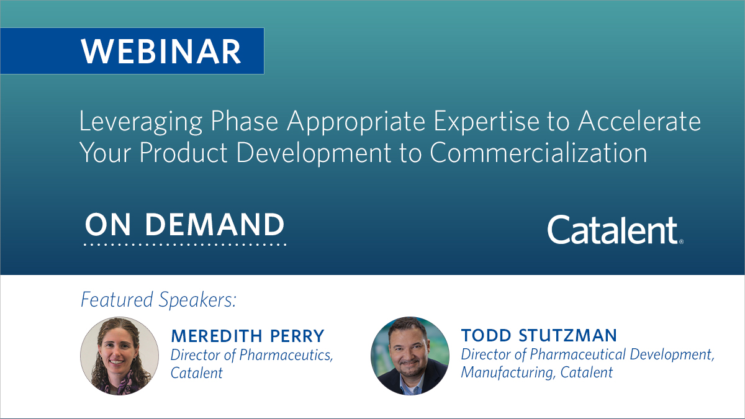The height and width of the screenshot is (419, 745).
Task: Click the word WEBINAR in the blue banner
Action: coord(161,51)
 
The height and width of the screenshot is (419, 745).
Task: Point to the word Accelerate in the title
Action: coord(639,121)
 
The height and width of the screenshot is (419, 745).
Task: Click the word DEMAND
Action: coord(214,225)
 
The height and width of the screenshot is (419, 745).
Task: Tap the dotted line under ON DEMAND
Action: coord(185,245)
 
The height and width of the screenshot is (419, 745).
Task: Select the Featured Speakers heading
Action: coord(159,300)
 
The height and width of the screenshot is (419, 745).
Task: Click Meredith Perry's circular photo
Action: coord(119,356)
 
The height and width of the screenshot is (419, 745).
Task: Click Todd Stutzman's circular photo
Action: coord(409,356)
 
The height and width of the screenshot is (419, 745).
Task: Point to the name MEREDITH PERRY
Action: coord(248,336)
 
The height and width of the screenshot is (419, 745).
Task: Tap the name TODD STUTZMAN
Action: coord(539,336)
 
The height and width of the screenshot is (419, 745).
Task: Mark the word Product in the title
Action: coord(187,153)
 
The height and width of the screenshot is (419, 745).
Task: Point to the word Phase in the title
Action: coord(245,121)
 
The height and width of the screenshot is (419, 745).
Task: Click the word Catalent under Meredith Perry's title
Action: coord(197,373)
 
